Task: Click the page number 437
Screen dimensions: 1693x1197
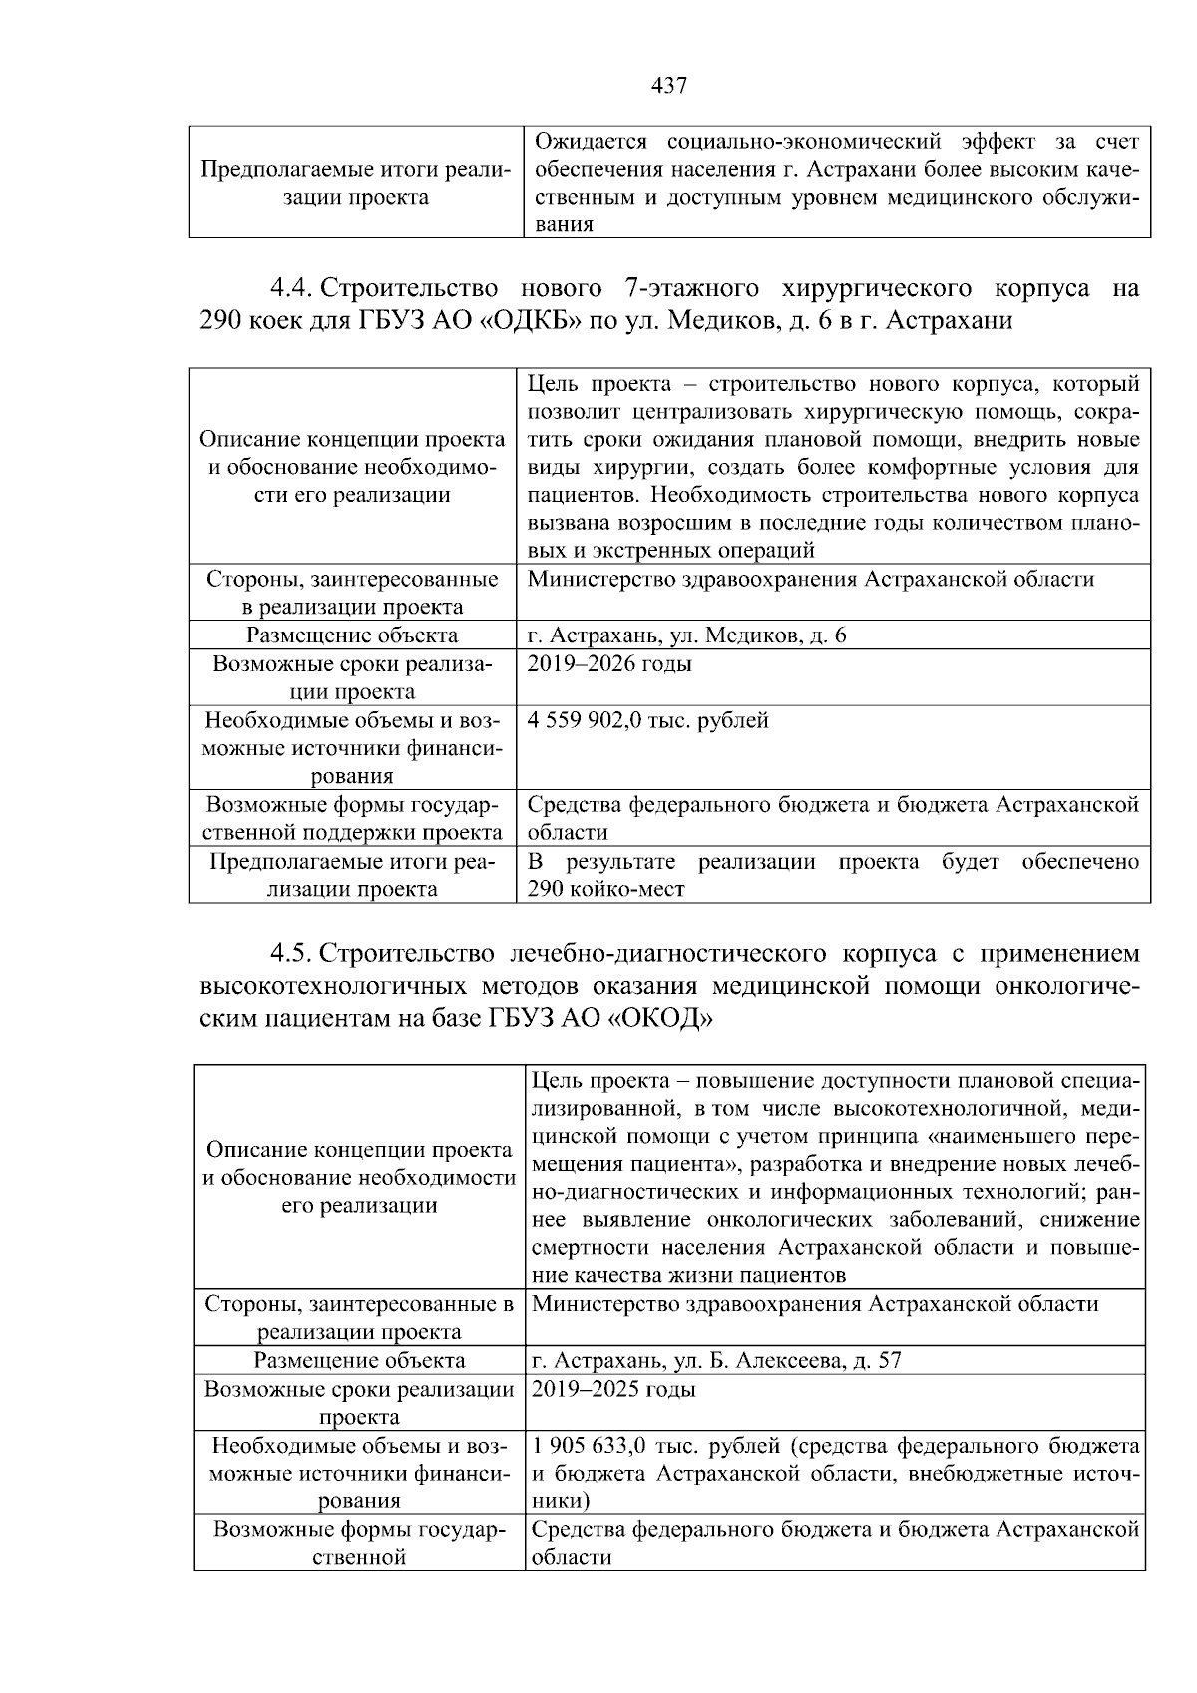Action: (x=669, y=86)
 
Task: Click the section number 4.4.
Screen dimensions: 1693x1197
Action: (x=290, y=289)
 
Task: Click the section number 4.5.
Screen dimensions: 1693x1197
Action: (x=290, y=954)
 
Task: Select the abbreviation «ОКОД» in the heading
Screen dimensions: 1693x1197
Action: (x=660, y=1018)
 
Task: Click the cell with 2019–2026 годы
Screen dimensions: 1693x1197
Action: (x=609, y=664)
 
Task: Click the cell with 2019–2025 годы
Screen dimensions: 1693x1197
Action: (x=614, y=1389)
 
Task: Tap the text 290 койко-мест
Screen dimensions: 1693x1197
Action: (x=605, y=889)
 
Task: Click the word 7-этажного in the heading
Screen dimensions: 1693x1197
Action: (x=684, y=289)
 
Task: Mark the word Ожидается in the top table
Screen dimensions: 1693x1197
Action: (x=591, y=141)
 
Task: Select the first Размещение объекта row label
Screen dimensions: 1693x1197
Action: (x=352, y=635)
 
